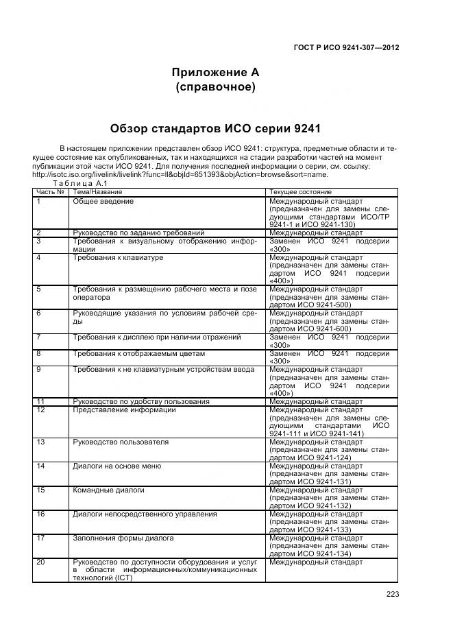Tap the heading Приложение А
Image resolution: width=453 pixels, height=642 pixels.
click(x=215, y=72)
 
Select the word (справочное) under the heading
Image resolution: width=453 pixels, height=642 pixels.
click(x=215, y=87)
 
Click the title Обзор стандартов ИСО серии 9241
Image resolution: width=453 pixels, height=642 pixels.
click(x=215, y=128)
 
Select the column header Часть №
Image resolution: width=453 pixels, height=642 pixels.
click(x=50, y=192)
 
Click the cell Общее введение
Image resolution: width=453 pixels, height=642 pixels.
click(x=103, y=202)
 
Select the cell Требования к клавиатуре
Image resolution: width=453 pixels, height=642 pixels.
click(x=118, y=257)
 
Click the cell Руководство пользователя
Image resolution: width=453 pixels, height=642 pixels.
click(x=111, y=442)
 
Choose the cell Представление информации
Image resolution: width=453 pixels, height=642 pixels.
click(x=124, y=410)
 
